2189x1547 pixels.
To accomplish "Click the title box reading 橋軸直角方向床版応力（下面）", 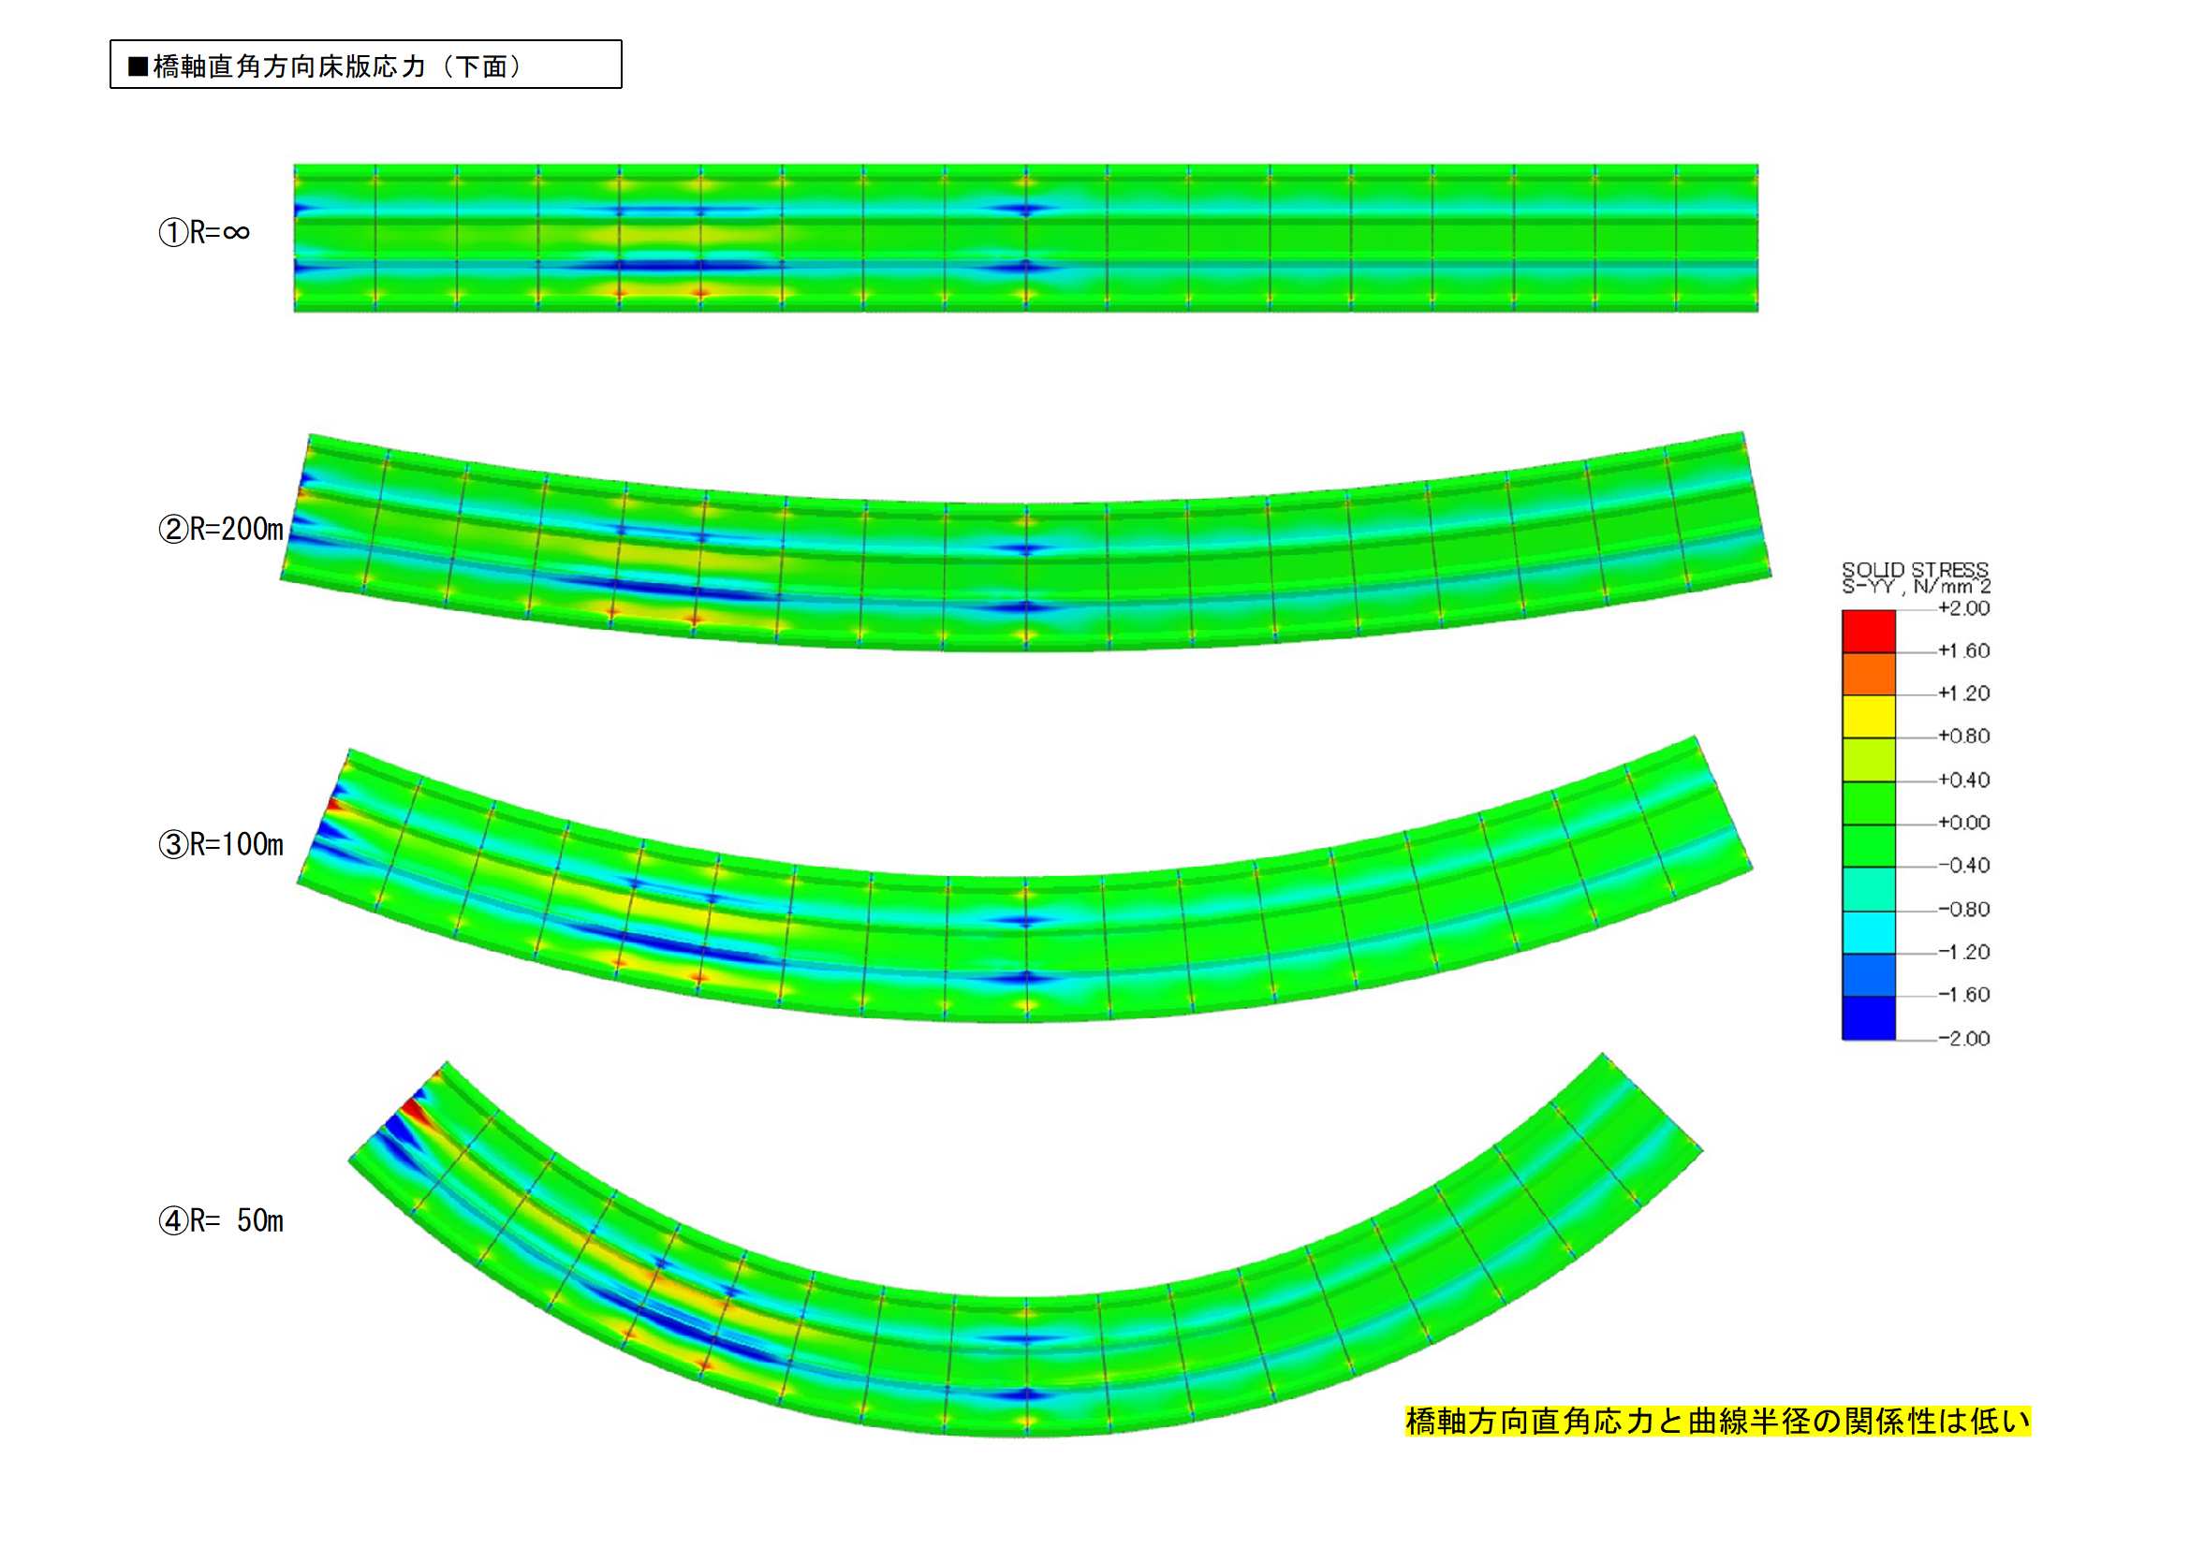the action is (x=366, y=65).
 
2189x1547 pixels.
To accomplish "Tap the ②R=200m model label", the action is (x=221, y=529).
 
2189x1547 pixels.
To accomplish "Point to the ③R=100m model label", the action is (x=221, y=844).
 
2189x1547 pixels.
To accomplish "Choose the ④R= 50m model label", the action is (x=221, y=1221).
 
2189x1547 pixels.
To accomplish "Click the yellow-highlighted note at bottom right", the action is (x=1718, y=1422).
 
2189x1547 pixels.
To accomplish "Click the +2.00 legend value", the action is (x=1964, y=608).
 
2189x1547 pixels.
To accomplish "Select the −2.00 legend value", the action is (x=1964, y=1038).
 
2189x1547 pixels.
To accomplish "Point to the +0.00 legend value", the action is (x=1964, y=823).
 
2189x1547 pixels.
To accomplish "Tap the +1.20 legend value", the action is (x=1964, y=693).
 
